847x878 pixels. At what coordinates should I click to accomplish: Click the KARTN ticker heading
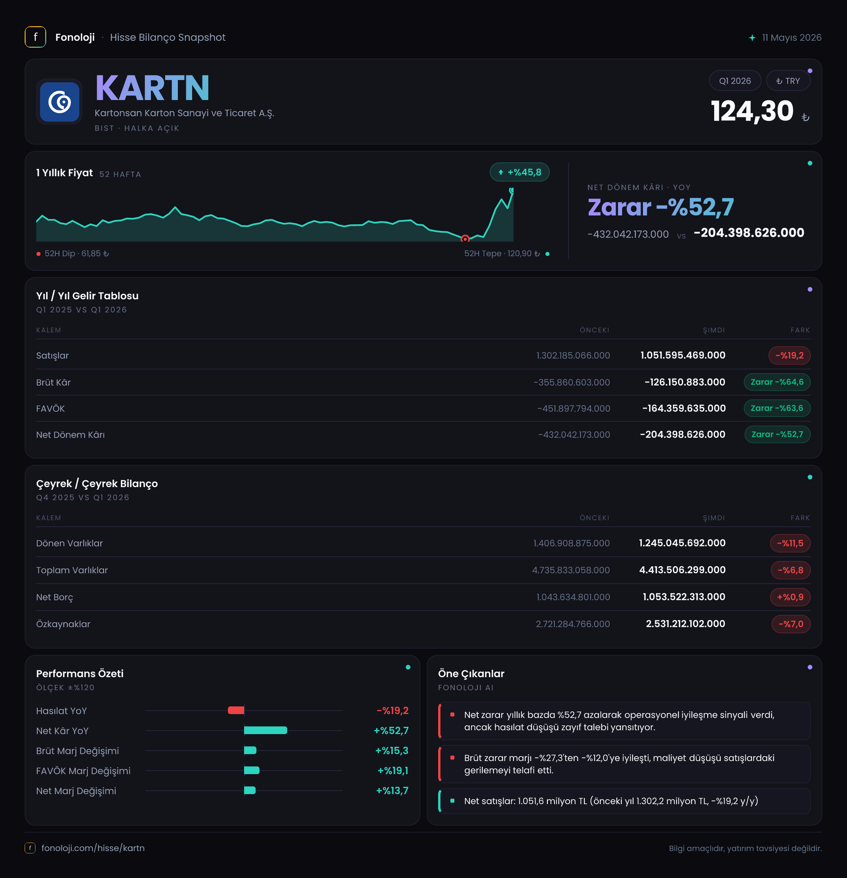[152, 88]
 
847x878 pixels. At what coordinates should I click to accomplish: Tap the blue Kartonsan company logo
[60, 102]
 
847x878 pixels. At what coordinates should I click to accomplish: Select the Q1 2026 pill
[735, 81]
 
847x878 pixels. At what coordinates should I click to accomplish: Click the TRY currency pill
[788, 81]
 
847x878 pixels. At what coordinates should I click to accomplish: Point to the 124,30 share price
[752, 111]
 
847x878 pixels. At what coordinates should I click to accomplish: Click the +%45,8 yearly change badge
[519, 172]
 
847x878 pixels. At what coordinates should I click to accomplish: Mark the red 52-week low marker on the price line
[465, 238]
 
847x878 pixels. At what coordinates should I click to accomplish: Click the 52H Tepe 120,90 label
[502, 254]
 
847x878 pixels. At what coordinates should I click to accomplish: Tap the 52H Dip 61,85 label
[77, 254]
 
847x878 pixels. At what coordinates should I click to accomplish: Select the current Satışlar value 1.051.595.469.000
[683, 355]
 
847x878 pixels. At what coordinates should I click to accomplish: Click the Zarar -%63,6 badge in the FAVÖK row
[777, 408]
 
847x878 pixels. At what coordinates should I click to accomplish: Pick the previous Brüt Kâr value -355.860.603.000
[572, 382]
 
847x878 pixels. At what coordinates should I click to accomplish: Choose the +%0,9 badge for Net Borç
[790, 597]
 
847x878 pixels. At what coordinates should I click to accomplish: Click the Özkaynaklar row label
[63, 624]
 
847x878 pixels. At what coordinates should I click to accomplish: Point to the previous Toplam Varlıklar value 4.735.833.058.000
[571, 570]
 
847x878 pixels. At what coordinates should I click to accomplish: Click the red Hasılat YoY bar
[236, 710]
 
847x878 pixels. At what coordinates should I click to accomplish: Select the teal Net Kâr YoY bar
[265, 730]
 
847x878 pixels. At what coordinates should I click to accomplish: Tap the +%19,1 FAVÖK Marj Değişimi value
[393, 771]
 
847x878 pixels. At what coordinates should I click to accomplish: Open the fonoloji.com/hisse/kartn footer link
[93, 848]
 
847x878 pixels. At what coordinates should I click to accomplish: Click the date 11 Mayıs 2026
[792, 38]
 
